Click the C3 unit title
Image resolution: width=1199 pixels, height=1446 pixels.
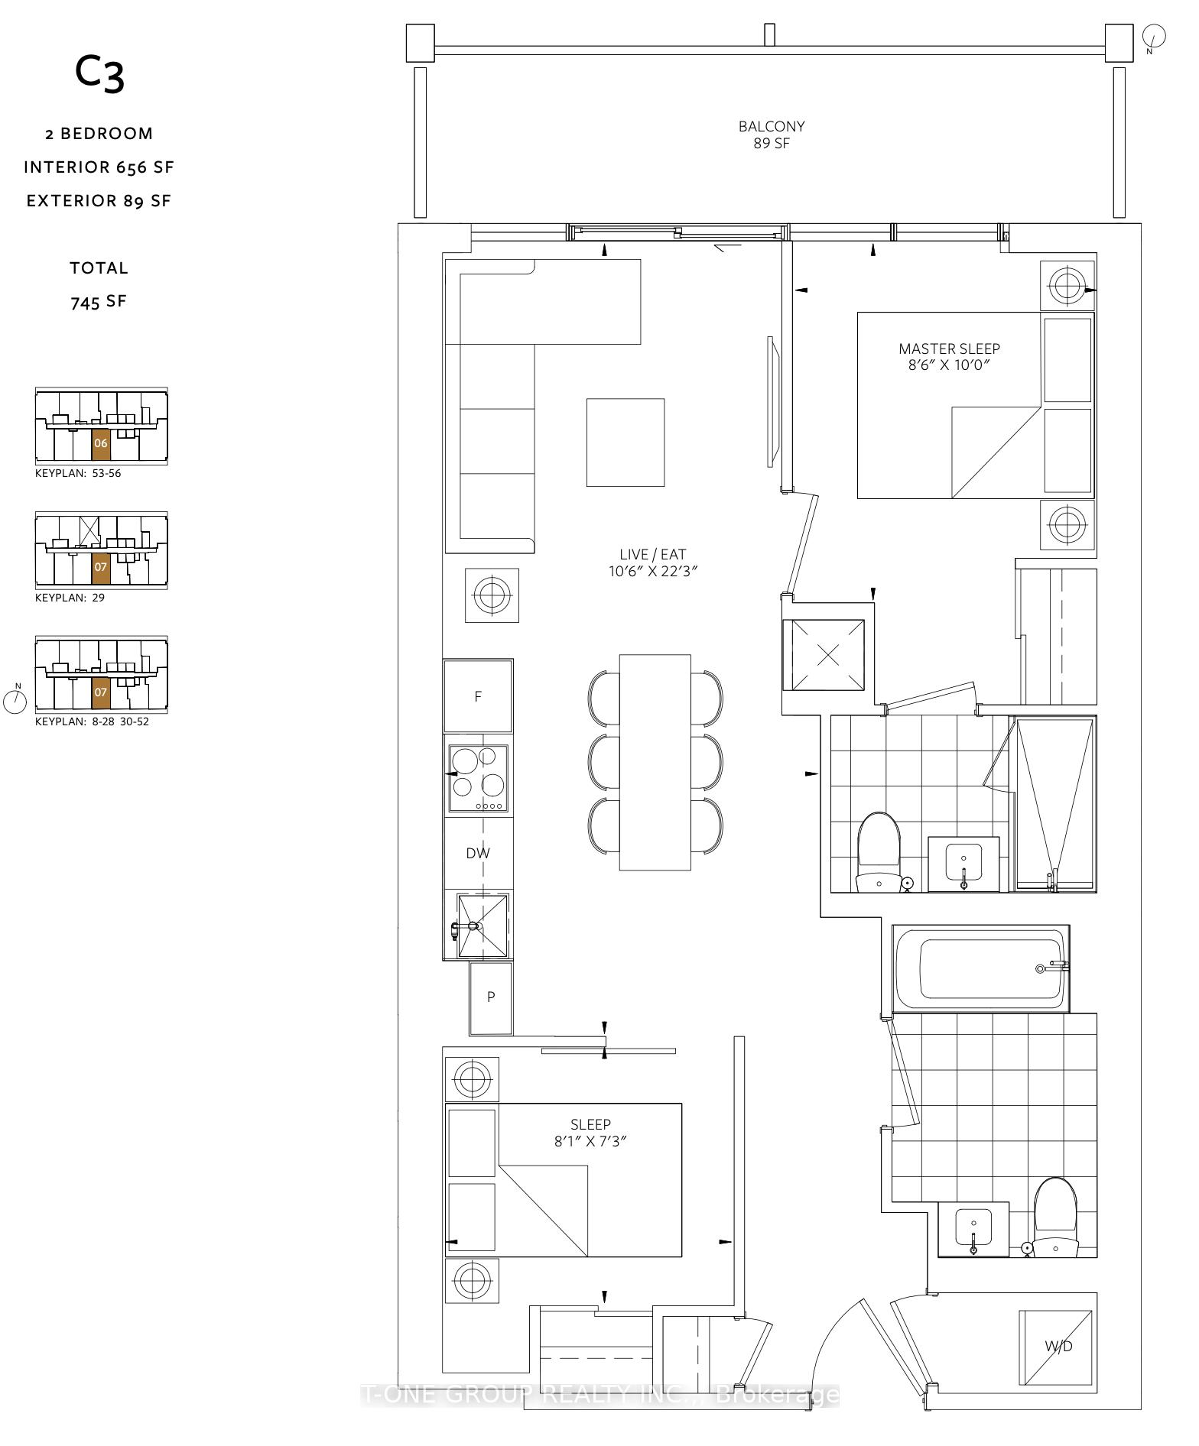coord(99,73)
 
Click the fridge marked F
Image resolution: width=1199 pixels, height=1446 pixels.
coord(478,696)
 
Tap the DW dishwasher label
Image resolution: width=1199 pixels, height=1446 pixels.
coord(478,853)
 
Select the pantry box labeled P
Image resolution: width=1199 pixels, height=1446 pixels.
coord(491,997)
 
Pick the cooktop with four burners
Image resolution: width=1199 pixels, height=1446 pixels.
coord(479,778)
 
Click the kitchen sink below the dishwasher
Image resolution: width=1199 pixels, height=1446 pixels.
coord(483,925)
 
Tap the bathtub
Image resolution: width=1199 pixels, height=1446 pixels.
coord(980,968)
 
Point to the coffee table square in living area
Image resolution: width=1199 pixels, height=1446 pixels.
coord(625,442)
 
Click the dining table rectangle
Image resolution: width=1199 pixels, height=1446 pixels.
coord(655,762)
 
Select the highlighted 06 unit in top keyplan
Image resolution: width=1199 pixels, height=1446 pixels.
coord(101,443)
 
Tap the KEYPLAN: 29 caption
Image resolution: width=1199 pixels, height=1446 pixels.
coord(70,598)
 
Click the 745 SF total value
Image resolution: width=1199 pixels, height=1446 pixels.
coord(99,302)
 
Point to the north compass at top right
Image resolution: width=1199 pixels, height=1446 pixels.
coord(1153,36)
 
